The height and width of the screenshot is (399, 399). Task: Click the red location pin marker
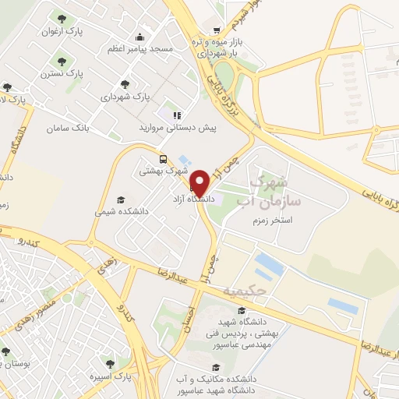(199, 182)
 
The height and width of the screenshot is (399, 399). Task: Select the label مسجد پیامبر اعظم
(139, 48)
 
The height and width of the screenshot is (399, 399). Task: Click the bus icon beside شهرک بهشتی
(162, 156)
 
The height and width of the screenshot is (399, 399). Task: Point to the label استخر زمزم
(275, 221)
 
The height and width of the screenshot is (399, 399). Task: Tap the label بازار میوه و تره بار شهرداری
(214, 48)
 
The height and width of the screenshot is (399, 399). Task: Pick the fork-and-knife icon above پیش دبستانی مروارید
(177, 114)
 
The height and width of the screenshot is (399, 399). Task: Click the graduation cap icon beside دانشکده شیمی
(119, 199)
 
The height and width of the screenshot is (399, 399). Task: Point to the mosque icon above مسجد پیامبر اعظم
(139, 37)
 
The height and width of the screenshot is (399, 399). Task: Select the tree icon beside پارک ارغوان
(58, 17)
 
